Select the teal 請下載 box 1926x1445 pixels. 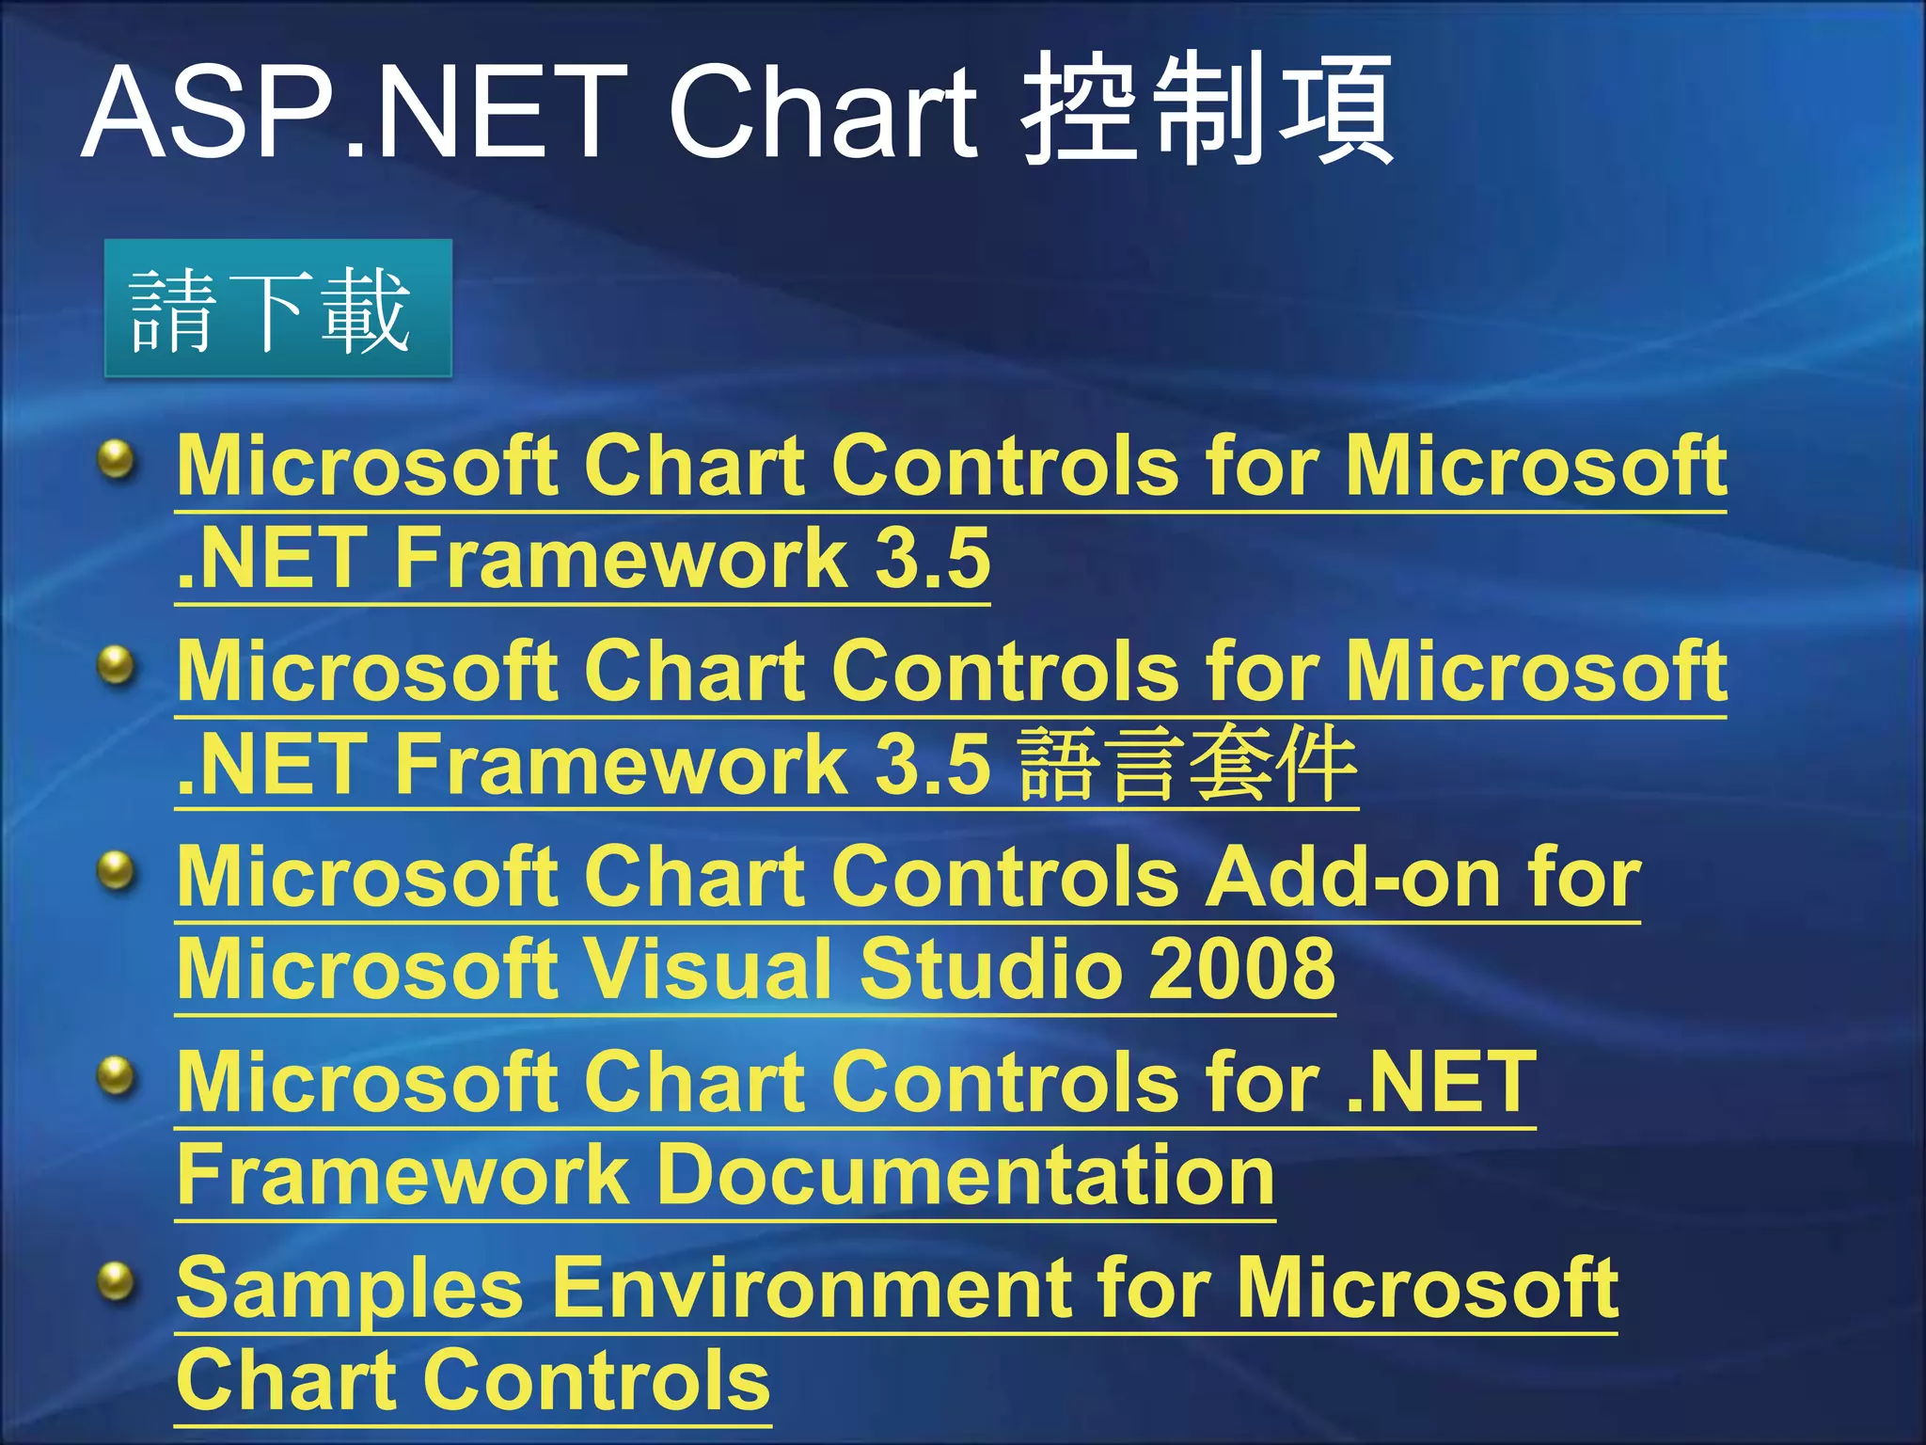point(277,310)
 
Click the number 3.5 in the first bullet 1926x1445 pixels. point(933,558)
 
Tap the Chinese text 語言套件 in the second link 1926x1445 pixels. point(1187,764)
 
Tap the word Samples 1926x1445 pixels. point(349,1289)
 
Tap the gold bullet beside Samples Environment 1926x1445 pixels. point(118,1282)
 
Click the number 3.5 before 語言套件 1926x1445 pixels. point(933,764)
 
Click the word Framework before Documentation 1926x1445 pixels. point(403,1176)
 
